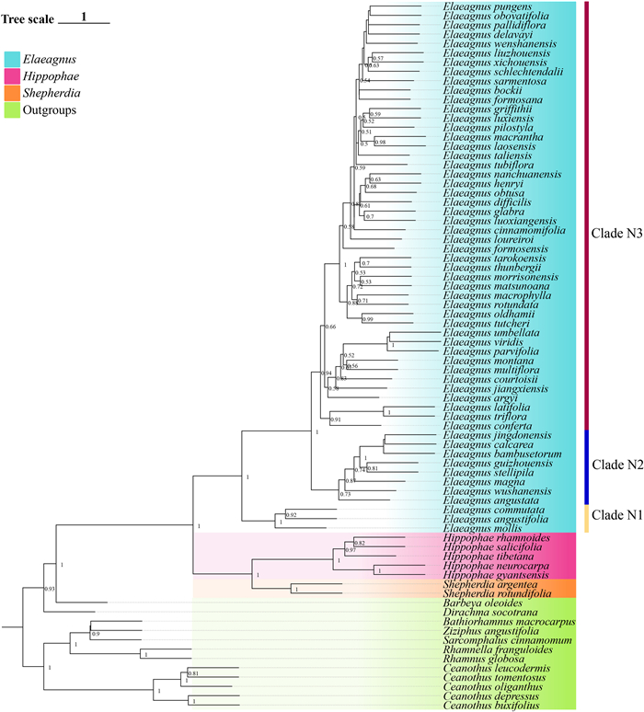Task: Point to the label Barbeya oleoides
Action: (x=481, y=604)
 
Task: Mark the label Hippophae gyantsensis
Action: (x=494, y=572)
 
